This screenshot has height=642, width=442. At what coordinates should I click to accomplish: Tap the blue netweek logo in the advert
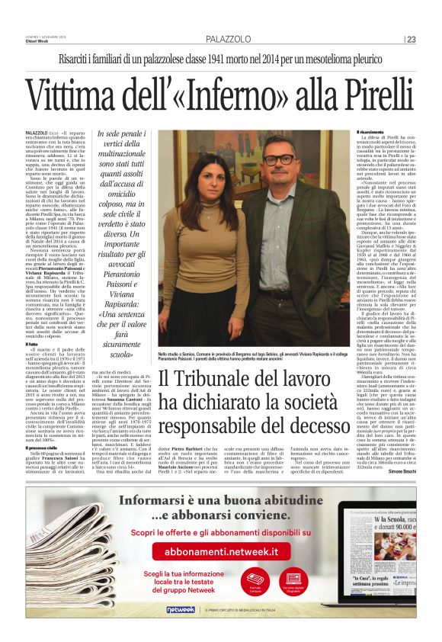tap(181, 610)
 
